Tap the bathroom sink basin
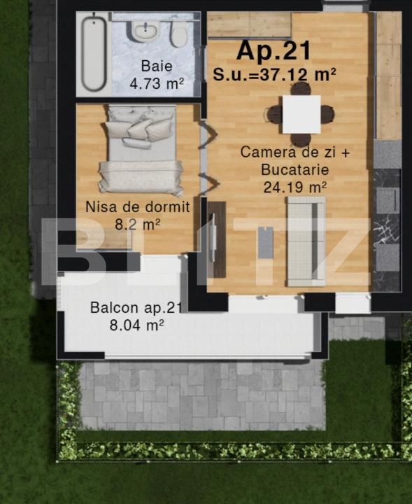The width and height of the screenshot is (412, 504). click(x=145, y=31)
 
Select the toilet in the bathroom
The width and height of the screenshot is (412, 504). click(x=178, y=36)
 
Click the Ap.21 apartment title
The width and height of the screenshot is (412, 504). click(x=274, y=51)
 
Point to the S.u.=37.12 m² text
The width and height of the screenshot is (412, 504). click(x=275, y=75)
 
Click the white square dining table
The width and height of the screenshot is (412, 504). click(x=301, y=114)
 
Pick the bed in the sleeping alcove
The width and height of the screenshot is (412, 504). click(x=141, y=150)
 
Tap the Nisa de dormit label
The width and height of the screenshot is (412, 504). click(x=138, y=207)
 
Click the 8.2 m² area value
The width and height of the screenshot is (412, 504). click(x=138, y=225)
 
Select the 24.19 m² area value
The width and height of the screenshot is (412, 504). click(x=295, y=187)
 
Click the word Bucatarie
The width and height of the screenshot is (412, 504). click(x=294, y=169)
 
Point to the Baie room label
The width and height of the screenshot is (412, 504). click(x=157, y=66)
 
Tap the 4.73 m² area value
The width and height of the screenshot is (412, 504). click(x=157, y=83)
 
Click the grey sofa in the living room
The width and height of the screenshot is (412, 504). click(x=306, y=241)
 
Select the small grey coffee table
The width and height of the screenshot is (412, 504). click(x=266, y=242)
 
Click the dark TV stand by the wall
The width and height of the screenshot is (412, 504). click(x=216, y=239)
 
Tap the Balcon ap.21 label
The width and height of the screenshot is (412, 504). click(x=136, y=307)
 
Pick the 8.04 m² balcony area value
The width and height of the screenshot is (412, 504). click(x=137, y=325)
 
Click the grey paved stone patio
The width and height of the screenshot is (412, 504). click(x=202, y=395)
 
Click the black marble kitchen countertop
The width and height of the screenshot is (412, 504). click(x=387, y=230)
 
